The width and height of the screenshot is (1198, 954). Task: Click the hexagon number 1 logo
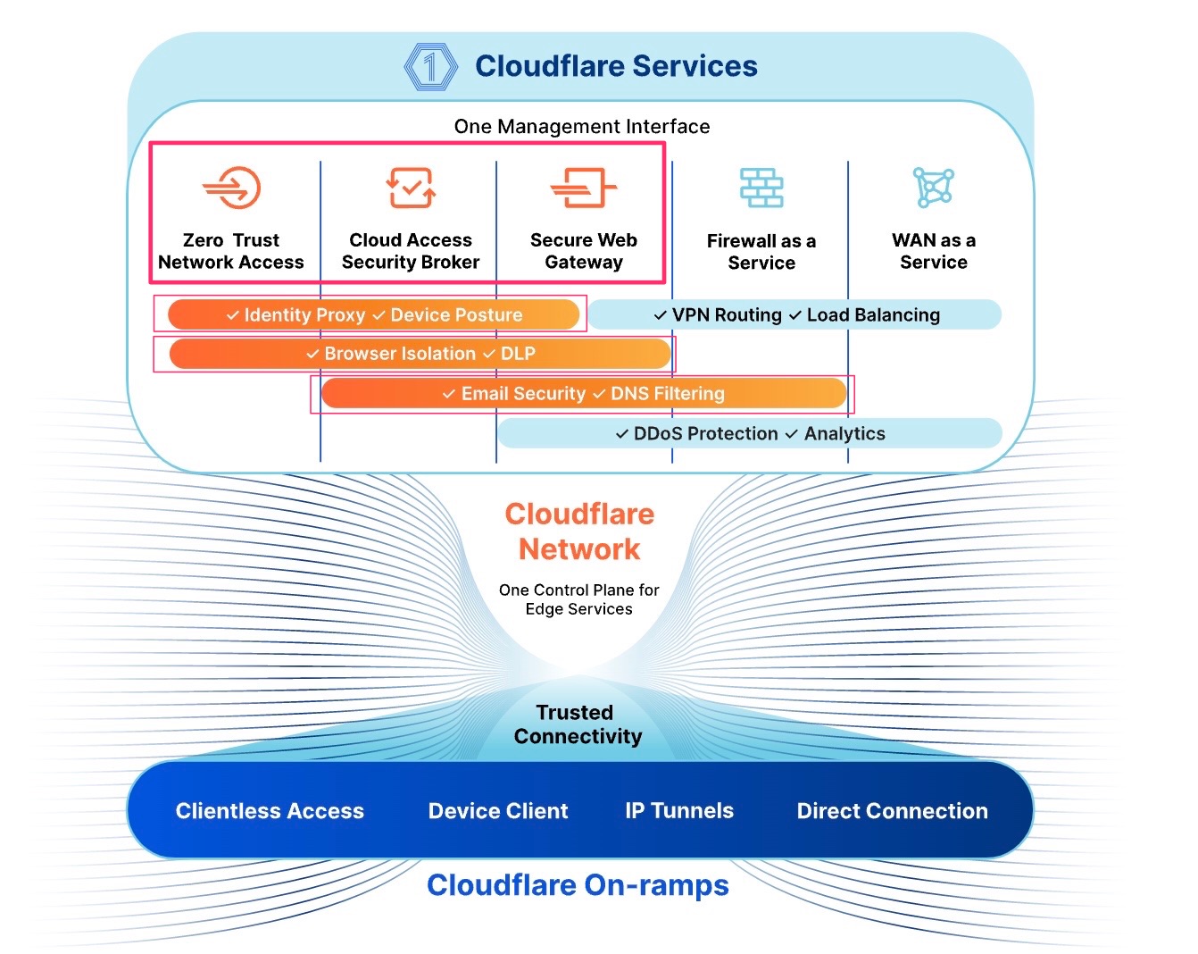point(431,66)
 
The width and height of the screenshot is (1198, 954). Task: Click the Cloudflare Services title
point(616,66)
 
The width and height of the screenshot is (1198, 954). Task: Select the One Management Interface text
point(582,127)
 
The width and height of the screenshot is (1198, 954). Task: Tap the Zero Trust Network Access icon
point(231,188)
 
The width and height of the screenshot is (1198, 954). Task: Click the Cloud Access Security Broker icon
point(411,188)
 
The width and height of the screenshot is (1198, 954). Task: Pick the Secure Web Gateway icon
point(584,188)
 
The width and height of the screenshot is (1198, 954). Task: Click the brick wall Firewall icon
point(761,188)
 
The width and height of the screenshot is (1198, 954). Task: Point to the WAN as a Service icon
point(934,188)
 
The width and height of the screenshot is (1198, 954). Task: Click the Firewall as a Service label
point(761,252)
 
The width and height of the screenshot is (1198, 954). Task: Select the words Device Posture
point(456,315)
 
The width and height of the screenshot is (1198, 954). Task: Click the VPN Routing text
point(727,315)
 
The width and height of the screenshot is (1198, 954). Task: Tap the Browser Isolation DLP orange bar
point(420,354)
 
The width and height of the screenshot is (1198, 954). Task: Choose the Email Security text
point(523,394)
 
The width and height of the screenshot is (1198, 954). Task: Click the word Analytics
point(844,434)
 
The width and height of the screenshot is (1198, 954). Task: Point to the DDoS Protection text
point(705,434)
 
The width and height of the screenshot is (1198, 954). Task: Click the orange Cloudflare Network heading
point(579,531)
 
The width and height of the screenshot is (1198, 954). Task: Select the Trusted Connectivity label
point(577,724)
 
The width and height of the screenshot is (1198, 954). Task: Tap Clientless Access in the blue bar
point(270,811)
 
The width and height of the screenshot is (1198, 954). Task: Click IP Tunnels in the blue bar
point(679,811)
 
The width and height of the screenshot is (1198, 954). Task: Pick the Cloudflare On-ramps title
point(578,885)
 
